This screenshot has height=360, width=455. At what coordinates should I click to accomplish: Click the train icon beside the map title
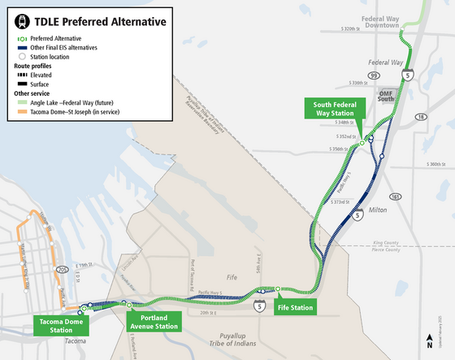(15, 19)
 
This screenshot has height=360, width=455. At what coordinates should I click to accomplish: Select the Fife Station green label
(294, 308)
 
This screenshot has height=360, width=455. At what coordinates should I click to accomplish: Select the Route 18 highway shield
(419, 118)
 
